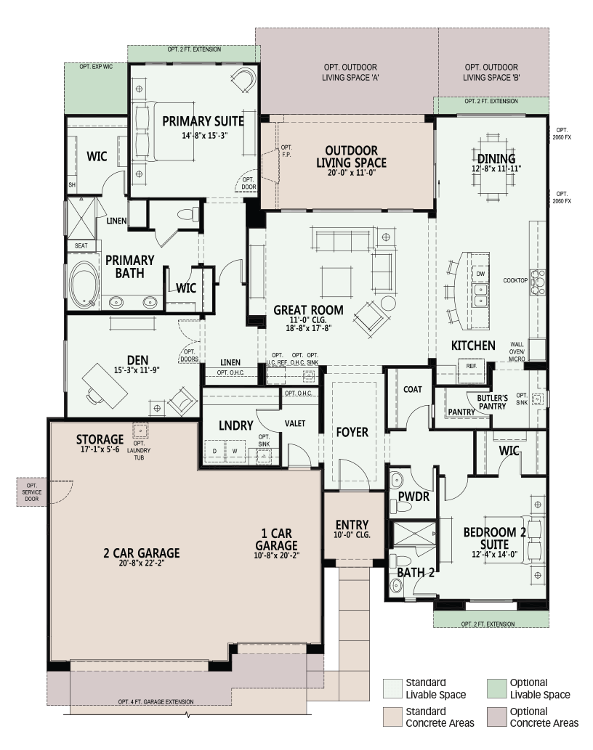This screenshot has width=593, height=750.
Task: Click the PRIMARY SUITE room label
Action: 203,121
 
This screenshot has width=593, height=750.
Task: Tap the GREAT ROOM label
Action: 308,311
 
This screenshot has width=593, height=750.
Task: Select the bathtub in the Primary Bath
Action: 84,282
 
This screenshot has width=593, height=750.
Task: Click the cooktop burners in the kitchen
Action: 538,281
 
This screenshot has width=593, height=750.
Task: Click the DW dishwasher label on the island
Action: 480,274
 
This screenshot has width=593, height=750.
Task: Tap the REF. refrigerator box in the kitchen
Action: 472,367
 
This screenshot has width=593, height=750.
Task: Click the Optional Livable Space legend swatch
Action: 496,688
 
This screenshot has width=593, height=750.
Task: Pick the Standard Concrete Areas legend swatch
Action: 392,717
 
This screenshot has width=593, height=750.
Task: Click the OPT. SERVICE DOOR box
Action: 32,492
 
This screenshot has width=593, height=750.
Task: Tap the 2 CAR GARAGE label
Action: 142,553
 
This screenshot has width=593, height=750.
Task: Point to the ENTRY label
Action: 352,525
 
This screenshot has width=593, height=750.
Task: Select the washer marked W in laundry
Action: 235,451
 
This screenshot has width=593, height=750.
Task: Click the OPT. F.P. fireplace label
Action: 286,151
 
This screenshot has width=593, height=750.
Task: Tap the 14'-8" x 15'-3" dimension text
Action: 204,135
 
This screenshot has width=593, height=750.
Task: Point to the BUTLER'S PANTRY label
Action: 492,402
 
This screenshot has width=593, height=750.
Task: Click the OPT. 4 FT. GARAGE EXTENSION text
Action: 156,701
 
